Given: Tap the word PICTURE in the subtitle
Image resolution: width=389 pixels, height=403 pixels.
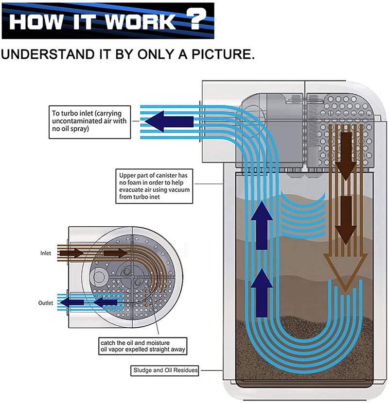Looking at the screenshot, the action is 221,54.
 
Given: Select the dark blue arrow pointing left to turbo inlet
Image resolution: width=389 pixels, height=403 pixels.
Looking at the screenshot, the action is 169,121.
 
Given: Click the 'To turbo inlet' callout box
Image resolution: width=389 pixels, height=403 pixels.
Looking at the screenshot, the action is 90,122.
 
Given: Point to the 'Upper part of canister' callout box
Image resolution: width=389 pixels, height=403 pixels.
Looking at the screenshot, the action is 154,186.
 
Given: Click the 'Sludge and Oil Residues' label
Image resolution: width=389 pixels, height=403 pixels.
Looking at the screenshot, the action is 164,370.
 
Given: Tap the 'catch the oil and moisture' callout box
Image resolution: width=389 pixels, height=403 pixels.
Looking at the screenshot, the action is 143,346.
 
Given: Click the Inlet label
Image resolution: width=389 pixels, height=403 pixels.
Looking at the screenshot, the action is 46,253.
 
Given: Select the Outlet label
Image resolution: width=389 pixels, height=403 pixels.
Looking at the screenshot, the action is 46,303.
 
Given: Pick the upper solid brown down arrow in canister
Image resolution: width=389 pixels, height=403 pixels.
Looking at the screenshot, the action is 346,156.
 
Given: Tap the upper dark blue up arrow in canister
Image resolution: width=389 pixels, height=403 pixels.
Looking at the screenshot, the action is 262,225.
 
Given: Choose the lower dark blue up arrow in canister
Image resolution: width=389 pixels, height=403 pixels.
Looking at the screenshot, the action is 262,293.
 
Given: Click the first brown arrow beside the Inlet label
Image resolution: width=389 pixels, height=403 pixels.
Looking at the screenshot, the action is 71,253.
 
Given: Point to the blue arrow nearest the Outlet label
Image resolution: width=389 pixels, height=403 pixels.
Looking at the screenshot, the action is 72,302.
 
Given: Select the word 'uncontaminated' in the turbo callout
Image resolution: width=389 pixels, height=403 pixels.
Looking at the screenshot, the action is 71,121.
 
